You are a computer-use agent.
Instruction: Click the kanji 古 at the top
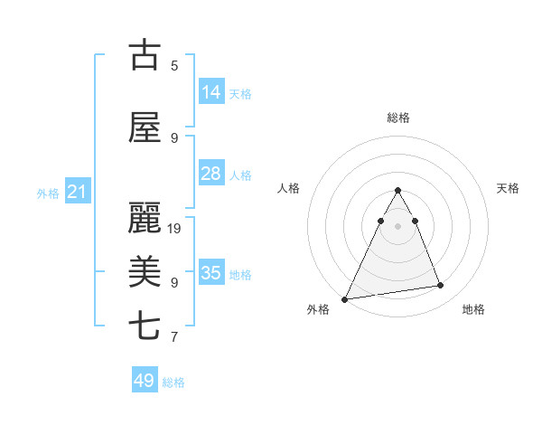(144, 56)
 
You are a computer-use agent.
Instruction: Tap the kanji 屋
(144, 127)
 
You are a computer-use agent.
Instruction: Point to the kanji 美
(144, 271)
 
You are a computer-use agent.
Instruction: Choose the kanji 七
(144, 326)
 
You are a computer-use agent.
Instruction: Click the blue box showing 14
(210, 92)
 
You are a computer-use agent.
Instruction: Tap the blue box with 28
(210, 174)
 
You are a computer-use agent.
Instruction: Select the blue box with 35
(210, 273)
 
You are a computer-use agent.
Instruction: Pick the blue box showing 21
(77, 192)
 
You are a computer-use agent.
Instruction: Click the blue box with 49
(145, 381)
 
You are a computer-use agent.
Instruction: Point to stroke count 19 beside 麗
(175, 228)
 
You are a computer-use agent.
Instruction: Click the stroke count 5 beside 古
(174, 65)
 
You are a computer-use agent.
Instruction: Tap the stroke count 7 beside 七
(174, 337)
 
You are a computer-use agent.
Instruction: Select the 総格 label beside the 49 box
(174, 382)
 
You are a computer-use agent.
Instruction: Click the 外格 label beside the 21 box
(48, 194)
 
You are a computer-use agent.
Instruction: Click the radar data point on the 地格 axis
(441, 286)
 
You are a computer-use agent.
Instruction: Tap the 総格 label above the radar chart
(397, 118)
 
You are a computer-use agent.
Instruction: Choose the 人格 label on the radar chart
(288, 188)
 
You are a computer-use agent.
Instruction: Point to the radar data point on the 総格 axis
(397, 190)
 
